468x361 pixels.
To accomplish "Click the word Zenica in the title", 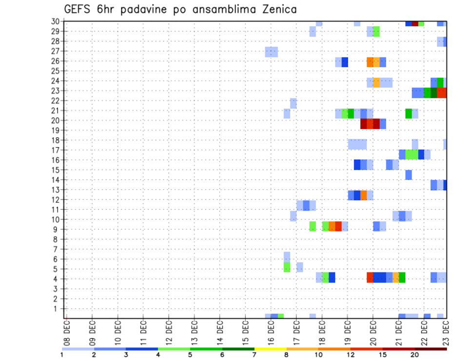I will tap(276, 9).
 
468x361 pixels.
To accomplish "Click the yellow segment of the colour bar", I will tap(270, 349).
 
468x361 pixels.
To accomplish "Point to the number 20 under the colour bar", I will tap(415, 355).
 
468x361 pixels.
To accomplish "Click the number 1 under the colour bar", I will tap(62, 355).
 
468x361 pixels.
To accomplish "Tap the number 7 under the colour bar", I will tap(254, 355).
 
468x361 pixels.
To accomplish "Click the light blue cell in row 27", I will tap(271, 52).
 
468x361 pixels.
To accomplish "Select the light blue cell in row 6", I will tap(287, 256).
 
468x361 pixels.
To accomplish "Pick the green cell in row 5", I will tap(287, 267).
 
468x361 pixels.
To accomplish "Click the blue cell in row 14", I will tap(409, 175).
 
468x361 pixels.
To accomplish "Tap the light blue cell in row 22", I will tap(293, 103).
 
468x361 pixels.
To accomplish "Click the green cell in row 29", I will tap(376, 32).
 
